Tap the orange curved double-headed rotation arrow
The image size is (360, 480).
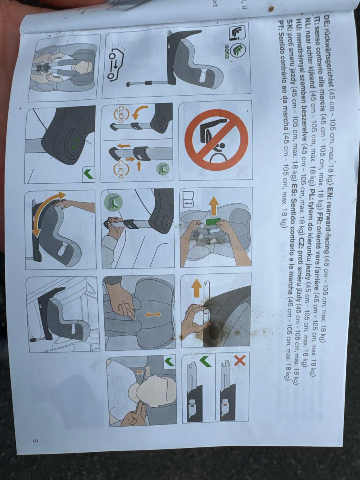tap(48, 214)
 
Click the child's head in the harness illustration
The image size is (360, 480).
tap(84, 66)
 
